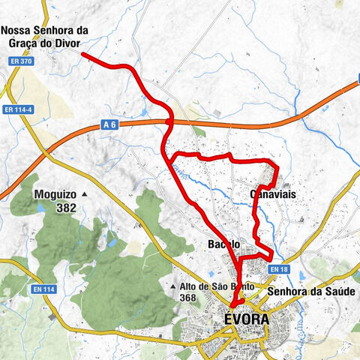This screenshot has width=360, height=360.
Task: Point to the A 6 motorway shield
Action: (x=109, y=129)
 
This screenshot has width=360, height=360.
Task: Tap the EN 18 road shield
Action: (x=278, y=269)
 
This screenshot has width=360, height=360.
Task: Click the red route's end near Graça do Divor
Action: (x=82, y=55)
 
